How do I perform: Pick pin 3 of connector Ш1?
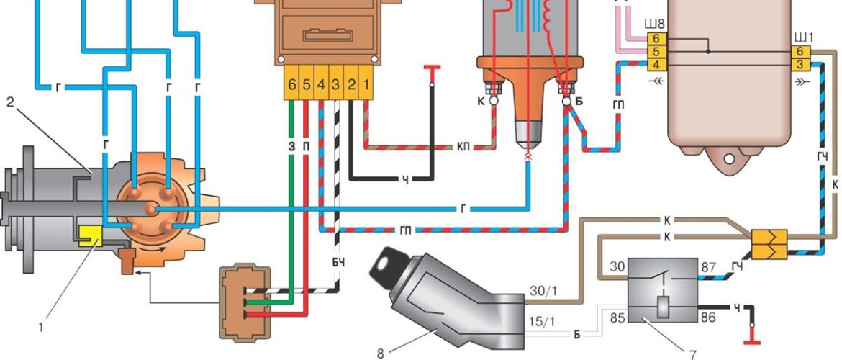pyautogui.click(x=800, y=65)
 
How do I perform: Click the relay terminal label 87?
pyautogui.click(x=708, y=267)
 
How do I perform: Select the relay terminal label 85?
pyautogui.click(x=617, y=318)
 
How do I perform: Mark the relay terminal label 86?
pyautogui.click(x=708, y=318)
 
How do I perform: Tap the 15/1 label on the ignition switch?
pyautogui.click(x=543, y=324)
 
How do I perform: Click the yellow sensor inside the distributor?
pyautogui.click(x=90, y=236)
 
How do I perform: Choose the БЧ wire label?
pyautogui.click(x=338, y=263)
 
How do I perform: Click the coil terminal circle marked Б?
pyautogui.click(x=566, y=101)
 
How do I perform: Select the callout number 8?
pyautogui.click(x=381, y=353)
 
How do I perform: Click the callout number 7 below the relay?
pyautogui.click(x=693, y=354)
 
